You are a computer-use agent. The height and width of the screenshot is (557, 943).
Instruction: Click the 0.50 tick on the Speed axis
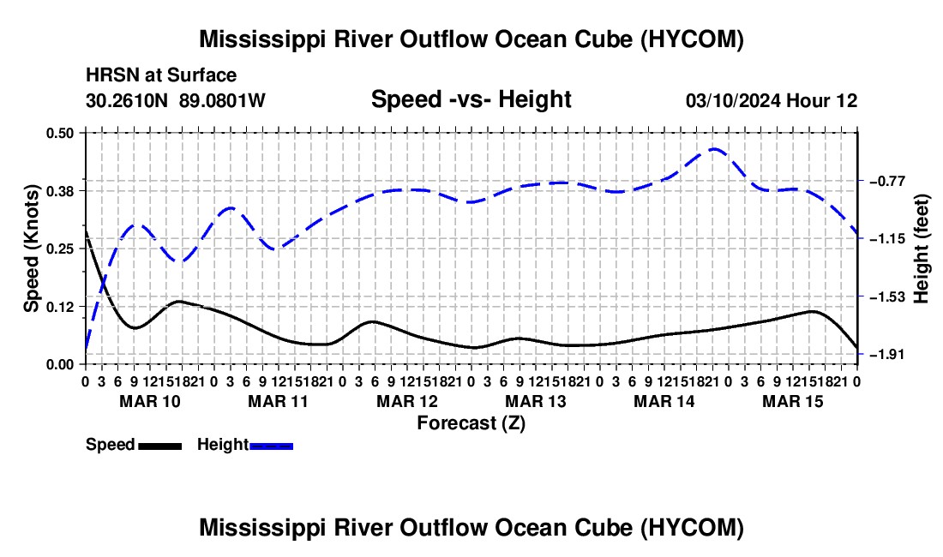[59, 133]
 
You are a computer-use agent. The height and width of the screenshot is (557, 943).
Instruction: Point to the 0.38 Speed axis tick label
[59, 191]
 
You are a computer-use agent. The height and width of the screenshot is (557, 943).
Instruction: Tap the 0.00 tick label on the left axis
[59, 365]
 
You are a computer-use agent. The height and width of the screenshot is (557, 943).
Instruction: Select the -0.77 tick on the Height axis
[887, 181]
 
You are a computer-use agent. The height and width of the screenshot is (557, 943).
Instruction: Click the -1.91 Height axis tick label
[887, 355]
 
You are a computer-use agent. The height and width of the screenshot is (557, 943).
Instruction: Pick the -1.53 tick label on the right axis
[887, 296]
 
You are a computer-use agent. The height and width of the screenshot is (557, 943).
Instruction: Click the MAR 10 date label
[150, 401]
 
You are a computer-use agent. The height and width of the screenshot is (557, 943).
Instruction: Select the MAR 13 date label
[535, 401]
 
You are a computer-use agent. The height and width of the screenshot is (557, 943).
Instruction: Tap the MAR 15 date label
[793, 401]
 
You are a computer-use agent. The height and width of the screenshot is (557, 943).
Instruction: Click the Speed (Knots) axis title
[31, 249]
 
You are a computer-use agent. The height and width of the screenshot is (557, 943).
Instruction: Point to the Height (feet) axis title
[921, 249]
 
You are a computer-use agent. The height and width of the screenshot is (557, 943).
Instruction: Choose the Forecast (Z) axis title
[471, 423]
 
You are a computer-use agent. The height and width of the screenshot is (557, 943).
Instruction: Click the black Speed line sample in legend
[160, 446]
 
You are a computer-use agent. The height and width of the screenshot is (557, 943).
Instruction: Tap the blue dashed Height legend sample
[271, 446]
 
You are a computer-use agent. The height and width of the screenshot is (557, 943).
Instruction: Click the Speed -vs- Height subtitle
[471, 99]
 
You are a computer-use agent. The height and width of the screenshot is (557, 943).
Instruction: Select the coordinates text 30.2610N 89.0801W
[176, 100]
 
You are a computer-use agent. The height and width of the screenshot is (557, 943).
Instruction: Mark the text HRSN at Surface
[161, 75]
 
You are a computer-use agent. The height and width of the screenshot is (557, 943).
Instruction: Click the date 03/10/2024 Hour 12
[772, 100]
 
